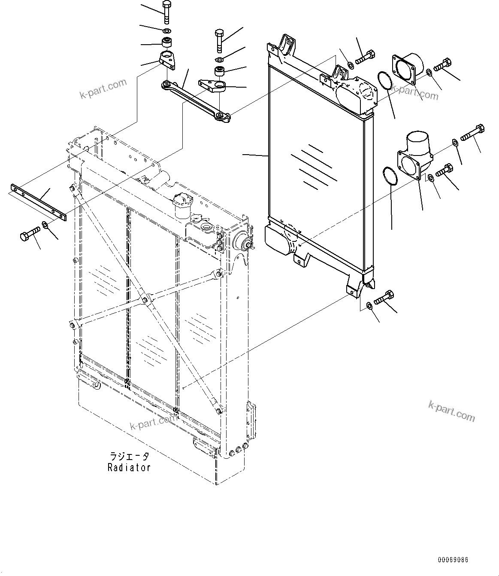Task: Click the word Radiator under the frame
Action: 129,468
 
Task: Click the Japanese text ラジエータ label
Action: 129,457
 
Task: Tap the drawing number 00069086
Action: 453,560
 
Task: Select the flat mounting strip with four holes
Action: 38,202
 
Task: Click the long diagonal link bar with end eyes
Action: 196,101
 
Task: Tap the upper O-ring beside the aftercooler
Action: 384,82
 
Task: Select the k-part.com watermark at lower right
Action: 452,411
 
